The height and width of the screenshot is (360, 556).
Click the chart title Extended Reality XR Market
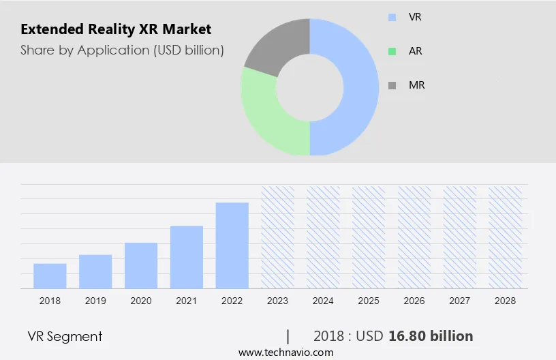pyautogui.click(x=116, y=29)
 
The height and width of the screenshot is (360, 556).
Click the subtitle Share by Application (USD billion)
pyautogui.click(x=122, y=50)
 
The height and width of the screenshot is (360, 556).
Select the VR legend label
pyautogui.click(x=415, y=16)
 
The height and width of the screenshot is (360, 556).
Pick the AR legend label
pyautogui.click(x=415, y=51)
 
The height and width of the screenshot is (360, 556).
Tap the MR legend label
pyautogui.click(x=416, y=85)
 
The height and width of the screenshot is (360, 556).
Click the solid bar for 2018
pyautogui.click(x=50, y=275)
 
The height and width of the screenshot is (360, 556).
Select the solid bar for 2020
pyautogui.click(x=141, y=265)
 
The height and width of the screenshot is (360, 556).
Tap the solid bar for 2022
pyautogui.click(x=232, y=245)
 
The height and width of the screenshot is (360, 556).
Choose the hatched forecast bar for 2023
pyautogui.click(x=278, y=237)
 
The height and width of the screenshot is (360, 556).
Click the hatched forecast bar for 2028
pyautogui.click(x=506, y=237)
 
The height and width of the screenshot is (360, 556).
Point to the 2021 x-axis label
pyautogui.click(x=187, y=301)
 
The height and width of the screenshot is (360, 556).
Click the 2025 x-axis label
pyautogui.click(x=369, y=301)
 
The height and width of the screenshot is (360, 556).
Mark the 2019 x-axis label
pyautogui.click(x=95, y=301)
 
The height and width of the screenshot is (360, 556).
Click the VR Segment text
pyautogui.click(x=65, y=336)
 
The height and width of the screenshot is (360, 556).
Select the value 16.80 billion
pyautogui.click(x=430, y=336)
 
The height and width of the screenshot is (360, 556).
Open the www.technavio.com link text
pyautogui.click(x=285, y=352)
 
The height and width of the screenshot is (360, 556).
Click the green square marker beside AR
pyautogui.click(x=391, y=51)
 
